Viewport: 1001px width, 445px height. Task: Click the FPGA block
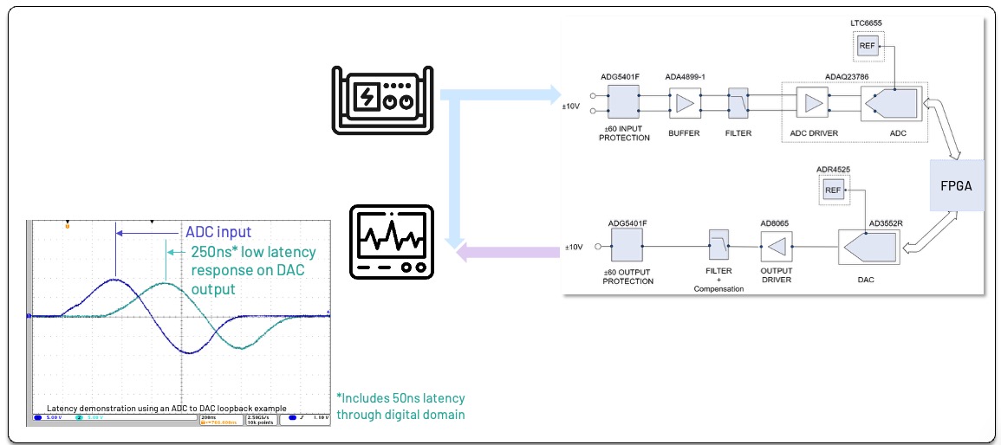pos(958,185)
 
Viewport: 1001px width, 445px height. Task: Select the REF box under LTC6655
pos(868,47)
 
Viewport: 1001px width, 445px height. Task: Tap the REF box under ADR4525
pos(833,190)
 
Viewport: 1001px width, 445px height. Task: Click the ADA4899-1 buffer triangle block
pos(684,104)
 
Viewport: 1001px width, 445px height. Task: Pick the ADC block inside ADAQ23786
pos(890,104)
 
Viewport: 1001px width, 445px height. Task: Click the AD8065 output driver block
pos(777,248)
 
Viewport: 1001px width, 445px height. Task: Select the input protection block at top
pos(622,104)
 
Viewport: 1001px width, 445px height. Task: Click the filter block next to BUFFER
pos(738,104)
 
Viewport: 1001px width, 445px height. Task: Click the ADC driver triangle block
pos(813,104)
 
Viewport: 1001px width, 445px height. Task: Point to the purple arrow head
pos(465,253)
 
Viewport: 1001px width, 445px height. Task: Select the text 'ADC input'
pos(218,232)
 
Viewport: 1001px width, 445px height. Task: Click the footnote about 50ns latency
pos(400,406)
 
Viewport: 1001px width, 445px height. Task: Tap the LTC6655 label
pos(868,23)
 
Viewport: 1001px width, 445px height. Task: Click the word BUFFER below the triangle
pos(683,134)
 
